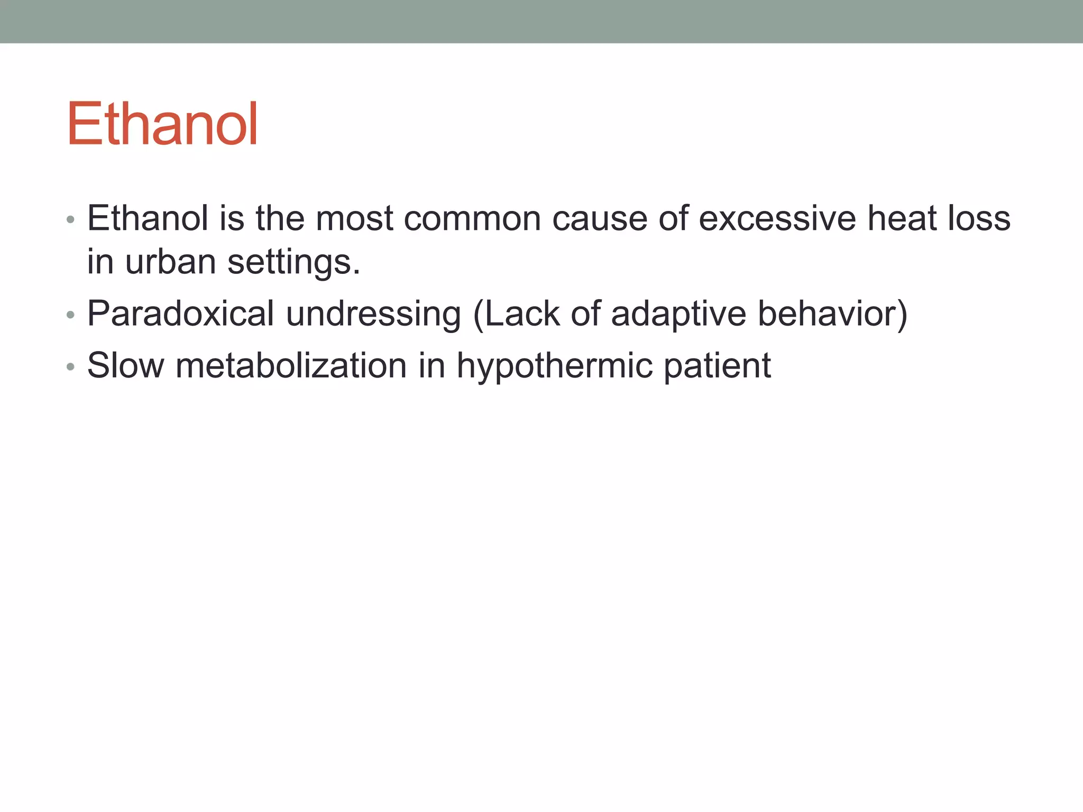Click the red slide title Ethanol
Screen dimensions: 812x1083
(x=162, y=124)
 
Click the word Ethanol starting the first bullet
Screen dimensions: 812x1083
(x=148, y=218)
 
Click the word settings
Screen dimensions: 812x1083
(x=293, y=263)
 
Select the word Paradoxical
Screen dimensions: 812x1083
(x=180, y=313)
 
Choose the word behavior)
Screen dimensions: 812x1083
(x=832, y=313)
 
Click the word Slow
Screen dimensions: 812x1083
(x=125, y=365)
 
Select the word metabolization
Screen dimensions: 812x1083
(x=291, y=365)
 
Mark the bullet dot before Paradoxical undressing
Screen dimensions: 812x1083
(x=71, y=316)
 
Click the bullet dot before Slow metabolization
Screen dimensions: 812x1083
(x=71, y=367)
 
